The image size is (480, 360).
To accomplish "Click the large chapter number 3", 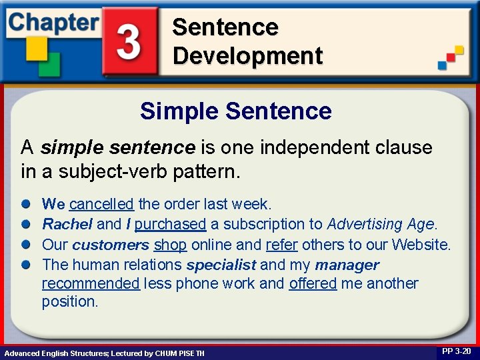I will tap(129, 41).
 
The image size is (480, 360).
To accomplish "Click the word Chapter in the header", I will tap(53, 22).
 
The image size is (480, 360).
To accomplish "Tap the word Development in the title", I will tap(247, 55).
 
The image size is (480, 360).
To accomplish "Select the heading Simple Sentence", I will tap(235, 111).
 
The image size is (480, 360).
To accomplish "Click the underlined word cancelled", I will tap(101, 203).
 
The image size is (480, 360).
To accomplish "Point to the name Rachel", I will tap(67, 224).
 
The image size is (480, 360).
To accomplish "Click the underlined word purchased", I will tap(170, 224).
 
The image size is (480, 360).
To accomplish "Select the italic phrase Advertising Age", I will tap(381, 224).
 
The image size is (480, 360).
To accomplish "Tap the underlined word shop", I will tap(170, 245).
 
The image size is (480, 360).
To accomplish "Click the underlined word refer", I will tap(281, 245).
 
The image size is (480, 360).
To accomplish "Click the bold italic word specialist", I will tap(221, 265).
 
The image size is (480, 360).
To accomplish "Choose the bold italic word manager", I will tap(347, 265).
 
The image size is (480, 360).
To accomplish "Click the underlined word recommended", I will tap(91, 283).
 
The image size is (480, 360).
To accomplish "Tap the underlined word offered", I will tap(313, 283).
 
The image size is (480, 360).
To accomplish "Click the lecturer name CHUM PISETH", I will tap(179, 353).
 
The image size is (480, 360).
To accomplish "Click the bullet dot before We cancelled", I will tap(25, 204).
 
